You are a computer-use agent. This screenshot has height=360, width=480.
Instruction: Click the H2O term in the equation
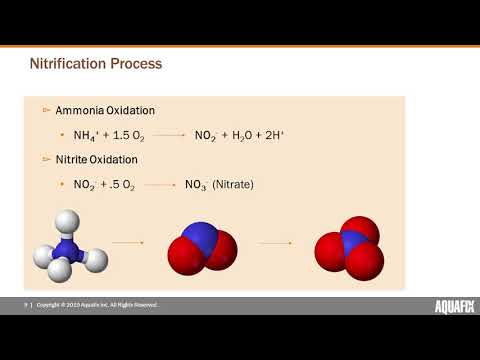(x=245, y=134)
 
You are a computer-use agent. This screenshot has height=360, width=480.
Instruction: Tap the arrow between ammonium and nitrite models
(x=126, y=242)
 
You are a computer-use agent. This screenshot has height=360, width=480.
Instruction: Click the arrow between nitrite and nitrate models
(x=274, y=242)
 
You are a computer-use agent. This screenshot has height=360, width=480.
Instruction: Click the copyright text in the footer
(x=97, y=304)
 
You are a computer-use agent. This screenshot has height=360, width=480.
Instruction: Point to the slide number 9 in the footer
(x=26, y=304)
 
